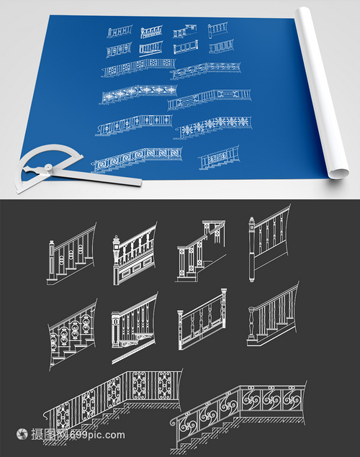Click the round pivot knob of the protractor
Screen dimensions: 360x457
pyautogui.click(x=48, y=168)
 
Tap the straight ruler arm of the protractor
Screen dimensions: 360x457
pyautogui.click(x=96, y=177)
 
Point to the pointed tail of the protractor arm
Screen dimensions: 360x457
pyautogui.click(x=26, y=168)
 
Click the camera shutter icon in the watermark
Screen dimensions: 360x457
pyautogui.click(x=22, y=434)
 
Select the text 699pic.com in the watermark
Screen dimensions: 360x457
pyautogui.click(x=98, y=435)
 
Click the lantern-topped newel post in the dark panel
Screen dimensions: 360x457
pyautogui.click(x=116, y=259)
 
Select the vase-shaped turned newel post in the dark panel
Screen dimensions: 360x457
pyautogui.click(x=251, y=323)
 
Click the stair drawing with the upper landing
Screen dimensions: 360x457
pyautogui.click(x=201, y=250)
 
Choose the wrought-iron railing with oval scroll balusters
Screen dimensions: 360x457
pyautogui.click(x=73, y=335)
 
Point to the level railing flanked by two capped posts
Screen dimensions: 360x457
pyautogui.click(x=202, y=320)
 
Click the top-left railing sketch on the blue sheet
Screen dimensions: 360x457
pyautogui.click(x=120, y=31)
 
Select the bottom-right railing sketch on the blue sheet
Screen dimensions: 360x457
pyautogui.click(x=219, y=158)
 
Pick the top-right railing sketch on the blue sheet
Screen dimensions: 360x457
pyautogui.click(x=217, y=30)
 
